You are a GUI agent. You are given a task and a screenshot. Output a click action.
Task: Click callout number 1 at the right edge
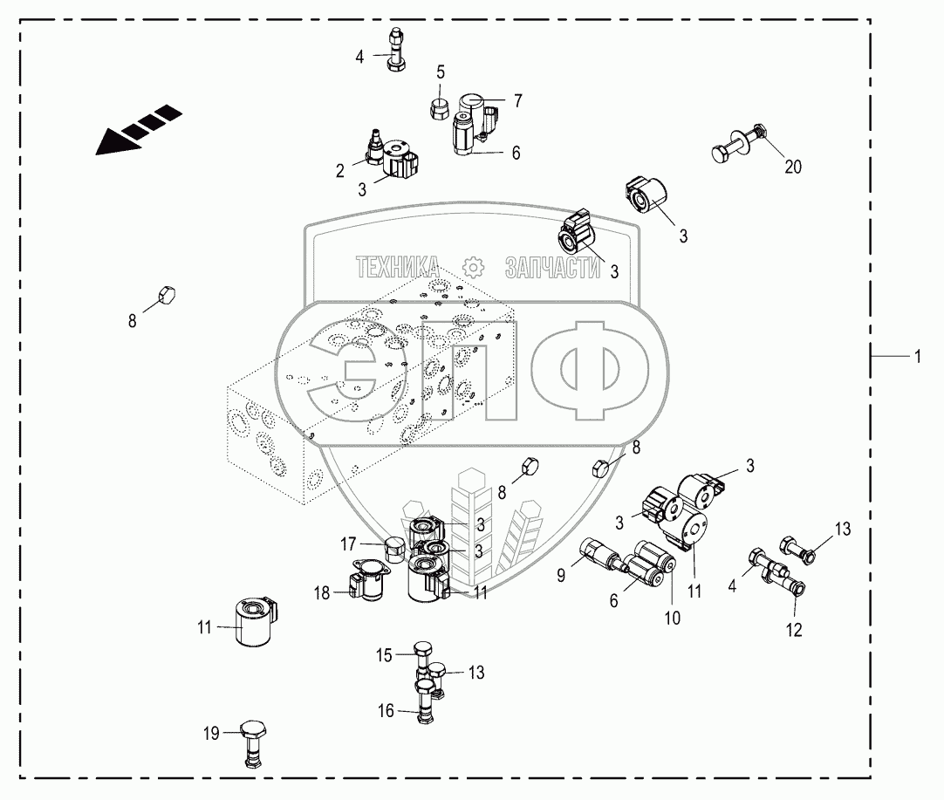click(x=916, y=356)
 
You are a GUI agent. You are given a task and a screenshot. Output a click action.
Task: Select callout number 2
click(x=340, y=171)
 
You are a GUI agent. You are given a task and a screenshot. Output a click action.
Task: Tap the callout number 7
click(x=517, y=101)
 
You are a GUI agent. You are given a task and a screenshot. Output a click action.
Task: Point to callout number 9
click(x=561, y=574)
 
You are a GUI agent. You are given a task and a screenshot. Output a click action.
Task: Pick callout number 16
click(x=385, y=710)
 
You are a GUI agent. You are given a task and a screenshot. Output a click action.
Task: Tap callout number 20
click(x=792, y=167)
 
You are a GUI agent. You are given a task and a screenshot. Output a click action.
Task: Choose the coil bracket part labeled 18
click(x=370, y=583)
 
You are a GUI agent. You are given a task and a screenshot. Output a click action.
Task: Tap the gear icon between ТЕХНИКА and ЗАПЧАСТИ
click(x=472, y=267)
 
